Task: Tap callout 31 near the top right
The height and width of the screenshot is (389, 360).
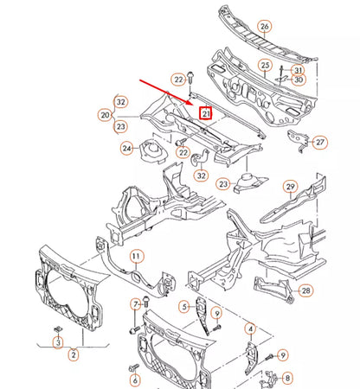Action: [298, 70]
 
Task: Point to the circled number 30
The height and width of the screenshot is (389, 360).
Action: [298, 81]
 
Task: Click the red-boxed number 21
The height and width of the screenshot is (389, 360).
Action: [206, 113]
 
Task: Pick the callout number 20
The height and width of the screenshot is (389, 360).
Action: [105, 115]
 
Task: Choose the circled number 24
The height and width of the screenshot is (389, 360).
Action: [127, 149]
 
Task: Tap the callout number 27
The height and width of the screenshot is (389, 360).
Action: [319, 142]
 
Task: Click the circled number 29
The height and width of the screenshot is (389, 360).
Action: [290, 187]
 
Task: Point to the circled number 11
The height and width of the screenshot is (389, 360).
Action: [136, 258]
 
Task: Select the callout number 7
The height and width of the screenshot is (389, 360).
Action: [135, 304]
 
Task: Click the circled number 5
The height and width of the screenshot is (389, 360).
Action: [183, 306]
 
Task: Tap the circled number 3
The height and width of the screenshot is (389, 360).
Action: [58, 343]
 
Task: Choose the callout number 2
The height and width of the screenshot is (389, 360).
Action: [74, 354]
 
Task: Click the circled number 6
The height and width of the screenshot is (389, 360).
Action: [135, 381]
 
